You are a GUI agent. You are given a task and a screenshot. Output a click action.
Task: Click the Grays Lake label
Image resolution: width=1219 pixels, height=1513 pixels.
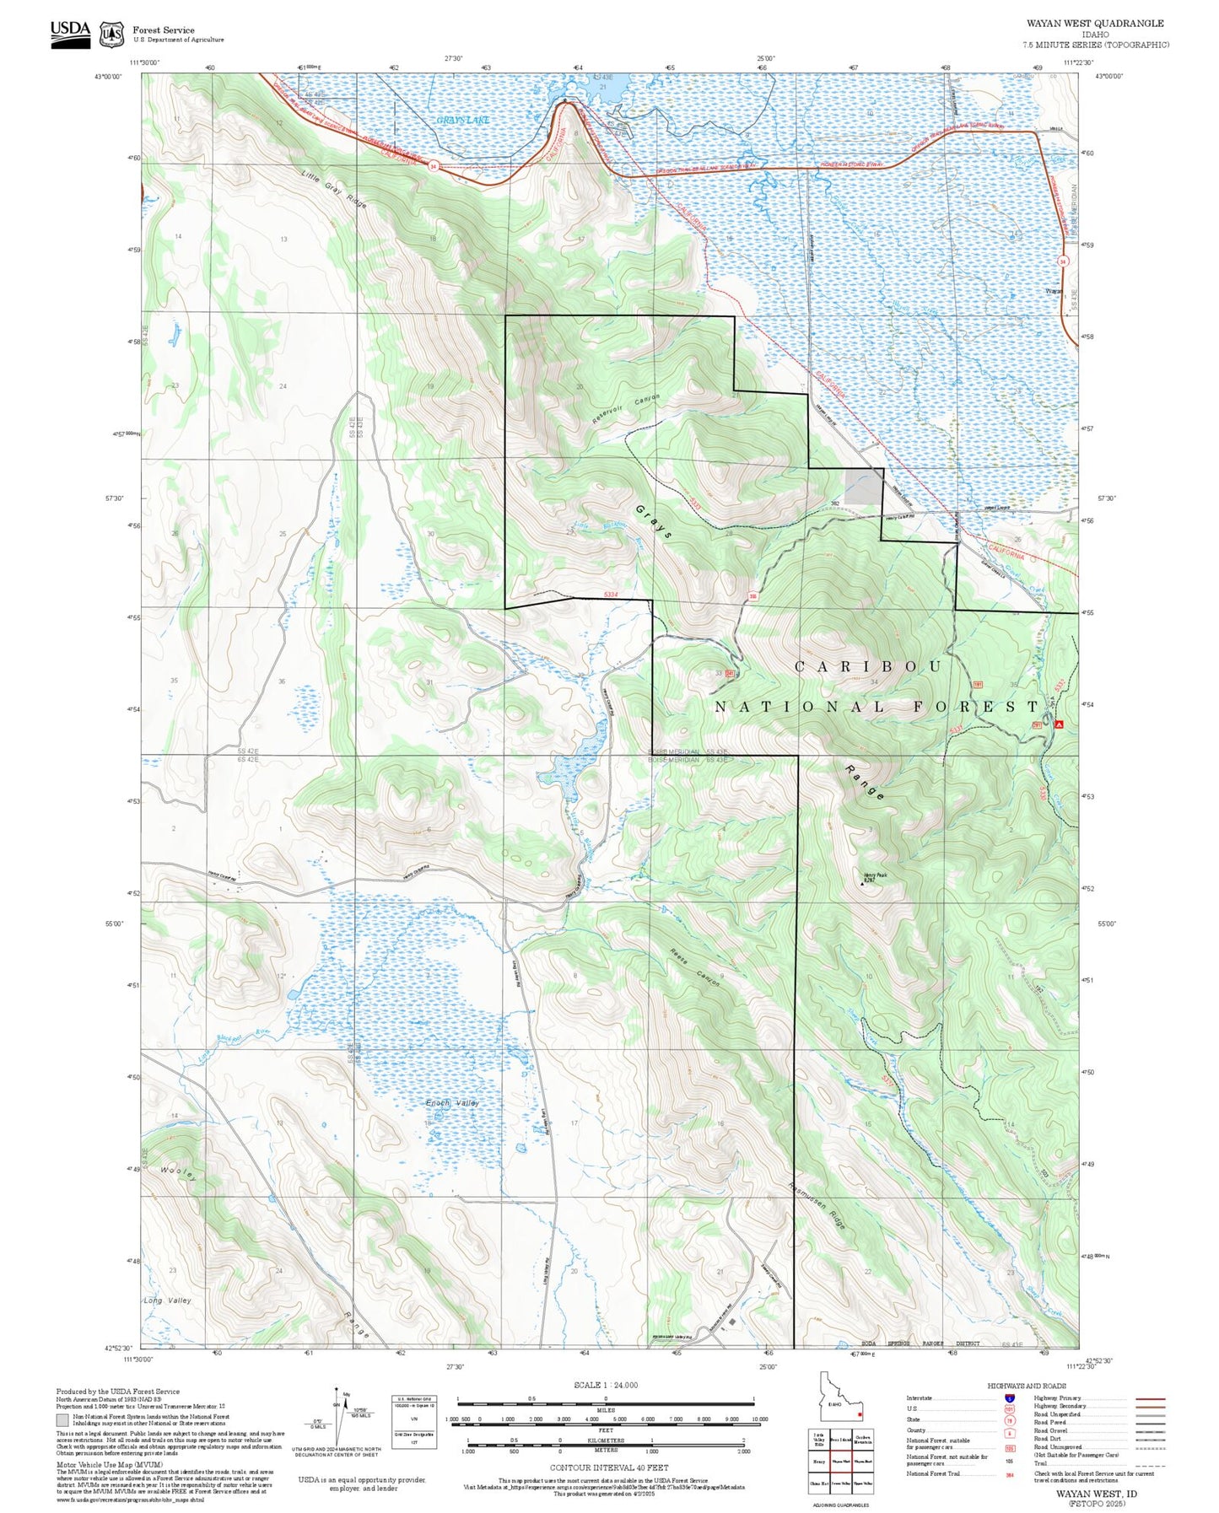click(x=462, y=121)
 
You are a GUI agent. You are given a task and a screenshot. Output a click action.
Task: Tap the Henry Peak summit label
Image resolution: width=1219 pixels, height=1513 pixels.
click(x=875, y=876)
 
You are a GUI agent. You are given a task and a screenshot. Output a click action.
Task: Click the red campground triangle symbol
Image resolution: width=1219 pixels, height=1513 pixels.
click(x=1059, y=724)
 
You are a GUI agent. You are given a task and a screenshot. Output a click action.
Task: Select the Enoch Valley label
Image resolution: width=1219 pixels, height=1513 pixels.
click(x=451, y=1102)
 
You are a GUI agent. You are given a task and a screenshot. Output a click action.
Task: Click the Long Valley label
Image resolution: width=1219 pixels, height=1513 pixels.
click(x=167, y=1300)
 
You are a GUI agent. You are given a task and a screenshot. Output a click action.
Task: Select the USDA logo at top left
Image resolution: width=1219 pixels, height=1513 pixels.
click(x=70, y=33)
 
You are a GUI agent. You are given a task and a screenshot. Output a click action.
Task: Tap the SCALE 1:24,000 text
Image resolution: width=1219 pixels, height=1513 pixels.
click(x=605, y=1385)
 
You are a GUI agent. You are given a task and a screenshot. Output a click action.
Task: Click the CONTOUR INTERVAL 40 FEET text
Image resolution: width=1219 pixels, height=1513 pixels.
click(x=605, y=1467)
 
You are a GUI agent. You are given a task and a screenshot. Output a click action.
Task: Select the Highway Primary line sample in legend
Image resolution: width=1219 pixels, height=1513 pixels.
click(x=1150, y=1398)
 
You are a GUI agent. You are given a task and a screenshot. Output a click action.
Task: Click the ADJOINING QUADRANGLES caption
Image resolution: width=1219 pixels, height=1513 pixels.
click(x=840, y=1505)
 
